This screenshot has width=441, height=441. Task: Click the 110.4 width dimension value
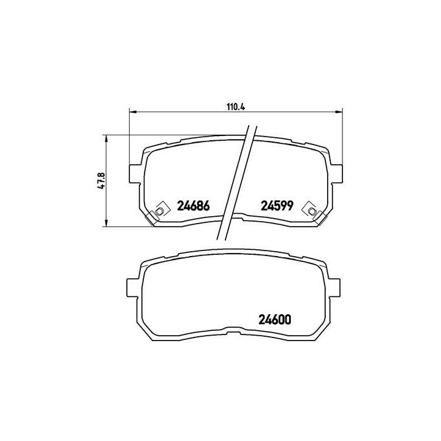point(236,107)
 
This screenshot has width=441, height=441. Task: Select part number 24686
point(193,206)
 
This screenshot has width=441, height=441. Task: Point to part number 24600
point(273,319)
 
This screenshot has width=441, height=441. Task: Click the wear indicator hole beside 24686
point(159,211)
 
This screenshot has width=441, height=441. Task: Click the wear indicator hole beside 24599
point(312,211)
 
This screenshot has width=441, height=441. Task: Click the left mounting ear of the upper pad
point(135,173)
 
